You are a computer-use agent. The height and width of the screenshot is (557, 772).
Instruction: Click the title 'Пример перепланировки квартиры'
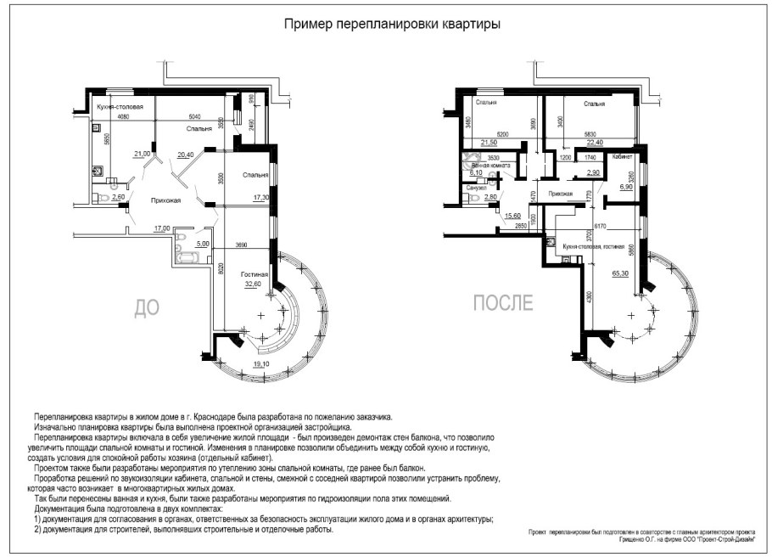point(391,25)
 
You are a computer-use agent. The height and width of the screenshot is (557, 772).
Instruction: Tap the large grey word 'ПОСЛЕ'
point(503,302)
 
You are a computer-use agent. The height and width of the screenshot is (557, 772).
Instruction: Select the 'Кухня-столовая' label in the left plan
point(120,107)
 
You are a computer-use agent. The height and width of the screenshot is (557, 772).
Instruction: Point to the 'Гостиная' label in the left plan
point(254,275)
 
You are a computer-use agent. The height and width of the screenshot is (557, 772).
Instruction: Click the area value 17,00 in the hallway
point(161,228)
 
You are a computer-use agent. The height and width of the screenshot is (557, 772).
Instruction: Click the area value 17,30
point(259,197)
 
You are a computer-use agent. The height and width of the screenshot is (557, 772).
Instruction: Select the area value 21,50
point(489,142)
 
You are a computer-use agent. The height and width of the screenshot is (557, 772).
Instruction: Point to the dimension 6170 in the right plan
point(600,226)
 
